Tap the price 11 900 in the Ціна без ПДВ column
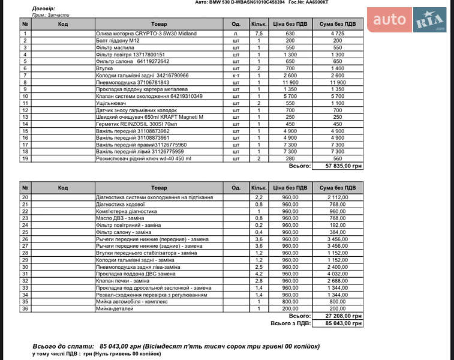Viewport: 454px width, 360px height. click(x=290, y=82)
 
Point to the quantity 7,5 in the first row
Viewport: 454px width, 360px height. click(x=259, y=34)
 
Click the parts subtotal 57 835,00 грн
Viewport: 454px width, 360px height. click(x=343, y=165)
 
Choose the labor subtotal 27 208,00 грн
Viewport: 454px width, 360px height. click(x=343, y=316)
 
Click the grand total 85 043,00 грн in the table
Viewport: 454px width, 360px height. click(x=343, y=323)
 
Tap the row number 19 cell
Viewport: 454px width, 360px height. click(x=25, y=158)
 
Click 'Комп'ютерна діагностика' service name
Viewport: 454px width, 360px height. click(x=127, y=211)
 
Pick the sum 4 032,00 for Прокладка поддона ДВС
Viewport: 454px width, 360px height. click(x=338, y=274)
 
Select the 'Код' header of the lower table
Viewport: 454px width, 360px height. click(x=63, y=187)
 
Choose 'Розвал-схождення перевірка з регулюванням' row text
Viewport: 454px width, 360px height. click(x=152, y=295)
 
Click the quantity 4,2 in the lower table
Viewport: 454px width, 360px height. click(x=259, y=274)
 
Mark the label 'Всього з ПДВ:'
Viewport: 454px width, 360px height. click(x=290, y=323)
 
